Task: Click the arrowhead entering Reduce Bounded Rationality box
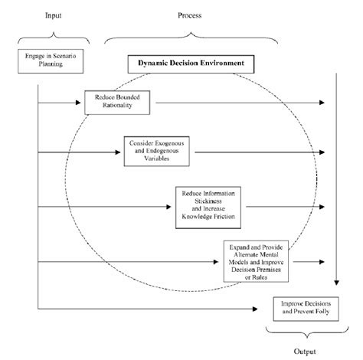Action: click(x=81, y=102)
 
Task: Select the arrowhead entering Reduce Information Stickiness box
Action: click(x=172, y=205)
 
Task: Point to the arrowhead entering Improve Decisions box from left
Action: click(x=270, y=309)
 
